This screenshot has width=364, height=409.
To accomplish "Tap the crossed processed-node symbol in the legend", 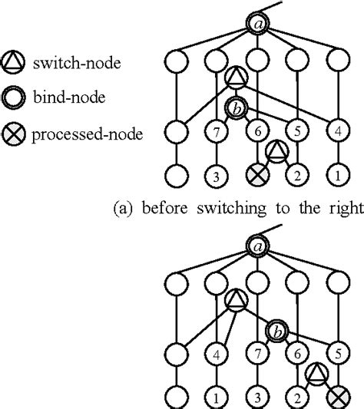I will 15,135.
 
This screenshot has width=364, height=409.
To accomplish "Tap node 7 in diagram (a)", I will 217,133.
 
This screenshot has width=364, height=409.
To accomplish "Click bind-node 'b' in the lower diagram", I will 276,331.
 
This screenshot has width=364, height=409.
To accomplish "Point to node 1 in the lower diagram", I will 217,397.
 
